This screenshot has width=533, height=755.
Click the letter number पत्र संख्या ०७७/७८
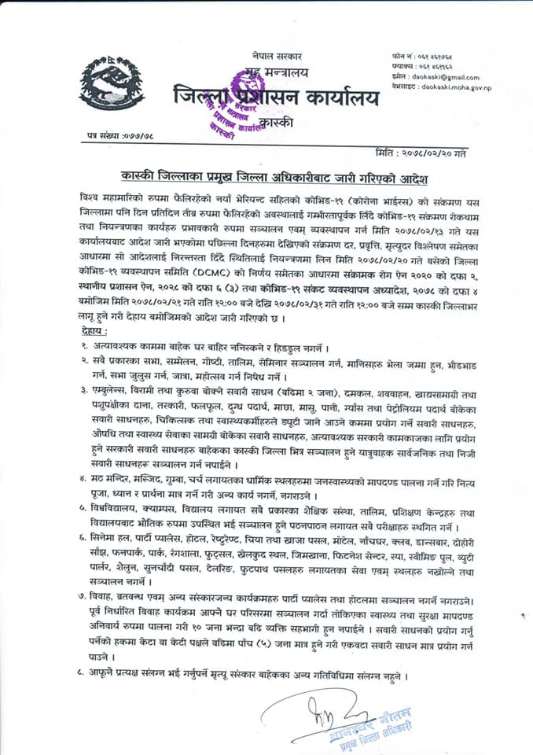click(119, 137)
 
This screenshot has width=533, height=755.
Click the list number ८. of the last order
click(83, 676)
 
